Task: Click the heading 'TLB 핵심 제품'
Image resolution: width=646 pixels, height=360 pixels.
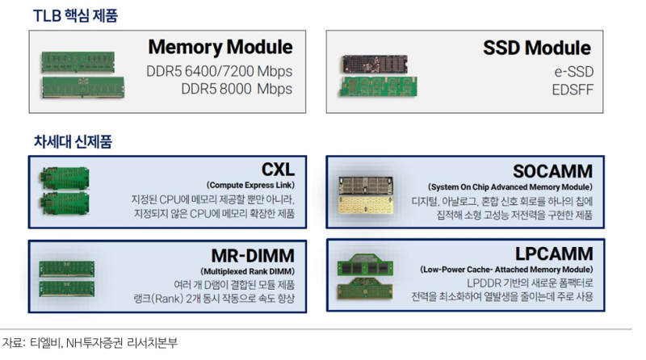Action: click(75, 15)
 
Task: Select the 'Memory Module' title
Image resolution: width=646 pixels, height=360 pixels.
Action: click(220, 47)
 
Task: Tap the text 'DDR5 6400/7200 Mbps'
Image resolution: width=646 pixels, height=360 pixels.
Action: click(220, 71)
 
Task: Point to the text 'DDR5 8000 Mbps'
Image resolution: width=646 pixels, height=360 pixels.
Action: click(230, 90)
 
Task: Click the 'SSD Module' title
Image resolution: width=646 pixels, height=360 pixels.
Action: click(537, 47)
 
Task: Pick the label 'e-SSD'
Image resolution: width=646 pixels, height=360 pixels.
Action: click(573, 71)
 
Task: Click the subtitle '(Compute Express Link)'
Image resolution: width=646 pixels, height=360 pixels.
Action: click(250, 185)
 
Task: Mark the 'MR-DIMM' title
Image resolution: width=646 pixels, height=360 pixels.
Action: click(252, 253)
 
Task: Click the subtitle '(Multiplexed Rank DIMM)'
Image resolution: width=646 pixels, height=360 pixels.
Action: click(247, 270)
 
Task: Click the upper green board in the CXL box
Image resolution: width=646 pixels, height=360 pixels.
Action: click(65, 178)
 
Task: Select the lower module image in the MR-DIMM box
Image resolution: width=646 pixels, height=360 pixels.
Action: click(67, 288)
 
